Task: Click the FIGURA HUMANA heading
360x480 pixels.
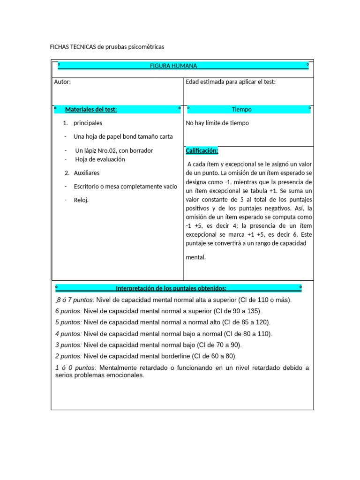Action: pos(173,66)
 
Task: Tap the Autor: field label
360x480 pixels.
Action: pos(62,82)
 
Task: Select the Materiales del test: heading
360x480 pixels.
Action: pos(91,110)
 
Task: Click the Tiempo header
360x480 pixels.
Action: pos(241,110)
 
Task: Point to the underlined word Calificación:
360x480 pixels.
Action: pos(202,151)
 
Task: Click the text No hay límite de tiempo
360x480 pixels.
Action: pos(217,123)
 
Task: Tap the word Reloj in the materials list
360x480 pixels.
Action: pos(81,200)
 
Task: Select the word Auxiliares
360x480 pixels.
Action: pos(87,173)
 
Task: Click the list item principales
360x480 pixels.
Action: pos(88,123)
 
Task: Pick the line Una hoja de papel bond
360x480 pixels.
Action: pos(123,137)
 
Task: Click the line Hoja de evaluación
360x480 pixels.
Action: pos(100,159)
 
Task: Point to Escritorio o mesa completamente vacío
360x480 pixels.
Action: pos(125,187)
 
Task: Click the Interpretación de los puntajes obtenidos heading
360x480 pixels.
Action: pos(171,288)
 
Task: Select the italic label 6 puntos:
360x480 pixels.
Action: pos(68,311)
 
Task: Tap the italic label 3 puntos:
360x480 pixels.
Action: pos(68,345)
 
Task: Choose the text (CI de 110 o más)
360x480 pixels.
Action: pos(265,300)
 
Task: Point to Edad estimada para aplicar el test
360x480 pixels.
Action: pos(231,82)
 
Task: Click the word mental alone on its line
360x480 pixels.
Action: pos(195,257)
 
